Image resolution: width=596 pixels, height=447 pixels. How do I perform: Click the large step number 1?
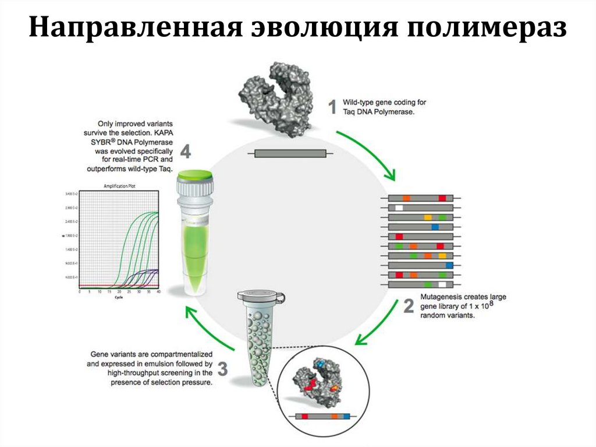(332, 107)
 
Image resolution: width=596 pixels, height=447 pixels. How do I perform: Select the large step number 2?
(408, 307)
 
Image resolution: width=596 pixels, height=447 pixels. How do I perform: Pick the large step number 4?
(185, 152)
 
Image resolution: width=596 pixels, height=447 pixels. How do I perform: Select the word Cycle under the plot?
(119, 297)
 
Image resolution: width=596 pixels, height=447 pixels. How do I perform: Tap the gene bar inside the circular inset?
(324, 417)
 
